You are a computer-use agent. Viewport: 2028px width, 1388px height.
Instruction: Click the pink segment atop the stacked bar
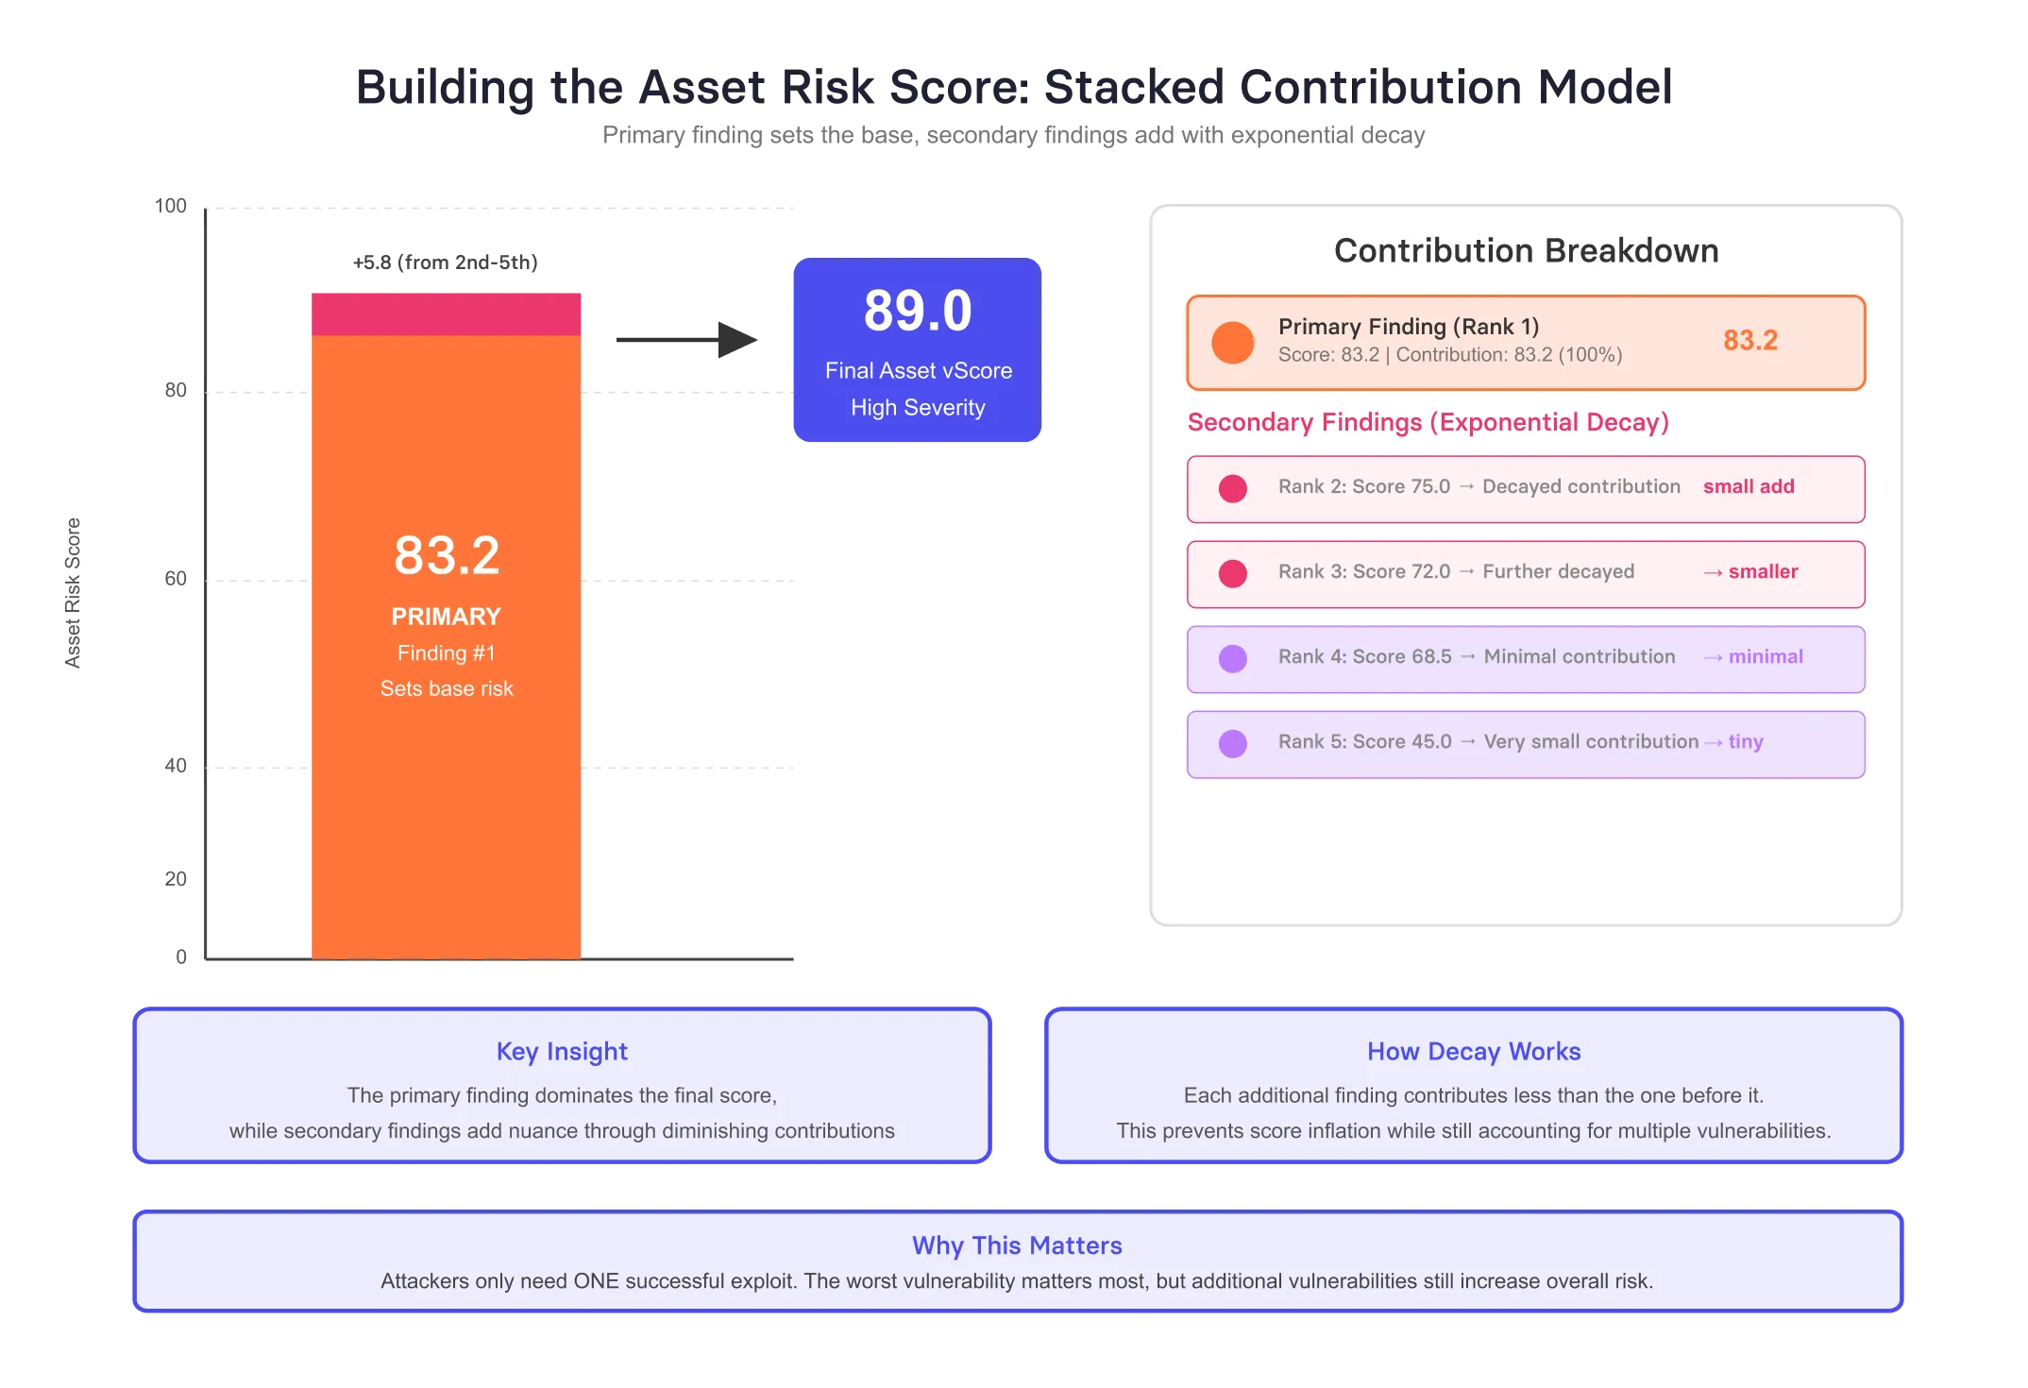(446, 314)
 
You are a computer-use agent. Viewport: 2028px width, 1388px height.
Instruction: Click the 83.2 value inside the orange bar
(447, 555)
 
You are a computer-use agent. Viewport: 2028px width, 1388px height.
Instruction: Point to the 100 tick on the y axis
(171, 206)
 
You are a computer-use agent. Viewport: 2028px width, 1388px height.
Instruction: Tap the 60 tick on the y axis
(176, 579)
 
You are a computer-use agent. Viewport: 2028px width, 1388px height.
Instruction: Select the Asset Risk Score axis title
(73, 593)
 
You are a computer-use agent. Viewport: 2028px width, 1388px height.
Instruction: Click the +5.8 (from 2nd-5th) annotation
(446, 262)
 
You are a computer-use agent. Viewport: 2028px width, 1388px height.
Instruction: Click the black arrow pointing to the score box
(686, 340)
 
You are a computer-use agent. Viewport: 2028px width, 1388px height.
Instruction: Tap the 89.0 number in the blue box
(918, 311)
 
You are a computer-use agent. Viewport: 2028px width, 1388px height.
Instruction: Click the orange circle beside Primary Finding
(1233, 343)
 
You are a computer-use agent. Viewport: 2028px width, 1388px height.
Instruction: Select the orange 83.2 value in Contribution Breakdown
(1750, 340)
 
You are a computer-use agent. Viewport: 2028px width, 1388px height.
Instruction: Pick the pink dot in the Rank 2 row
(1233, 488)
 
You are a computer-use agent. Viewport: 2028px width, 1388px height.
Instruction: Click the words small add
(1749, 486)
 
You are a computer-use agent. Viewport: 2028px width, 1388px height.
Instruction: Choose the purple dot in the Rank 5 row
(1233, 743)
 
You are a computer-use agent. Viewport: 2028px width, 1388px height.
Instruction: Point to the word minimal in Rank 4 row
(1766, 656)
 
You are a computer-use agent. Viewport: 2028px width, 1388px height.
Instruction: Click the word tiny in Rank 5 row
(1746, 742)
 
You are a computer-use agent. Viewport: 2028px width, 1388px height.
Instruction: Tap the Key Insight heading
(562, 1052)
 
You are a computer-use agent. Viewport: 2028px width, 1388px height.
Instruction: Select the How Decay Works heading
(1474, 1052)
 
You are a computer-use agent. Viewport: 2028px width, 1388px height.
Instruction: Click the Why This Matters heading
(1017, 1245)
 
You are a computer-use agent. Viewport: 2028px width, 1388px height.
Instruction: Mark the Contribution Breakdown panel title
(1526, 250)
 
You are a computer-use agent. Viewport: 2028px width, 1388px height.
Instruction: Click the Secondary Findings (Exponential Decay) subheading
(1428, 422)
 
